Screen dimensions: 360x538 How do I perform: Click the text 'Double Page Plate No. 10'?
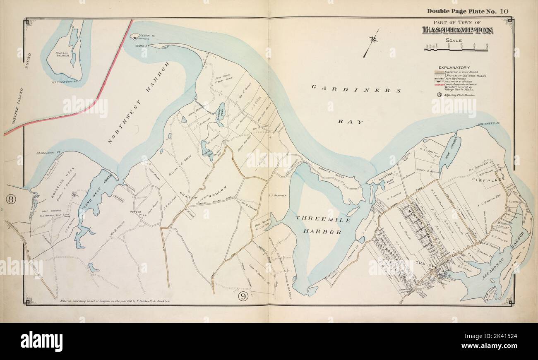click(468, 11)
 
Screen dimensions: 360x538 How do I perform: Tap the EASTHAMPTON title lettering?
click(457, 30)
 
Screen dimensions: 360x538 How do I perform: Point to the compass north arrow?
click(372, 41)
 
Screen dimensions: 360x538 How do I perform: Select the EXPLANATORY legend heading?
click(454, 67)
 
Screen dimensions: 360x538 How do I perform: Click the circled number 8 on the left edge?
click(11, 200)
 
